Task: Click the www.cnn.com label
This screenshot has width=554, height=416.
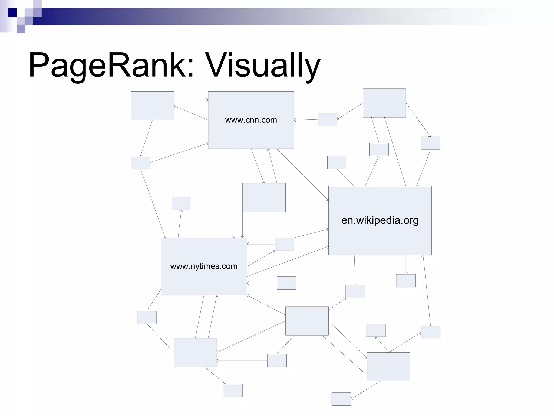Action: pyautogui.click(x=251, y=120)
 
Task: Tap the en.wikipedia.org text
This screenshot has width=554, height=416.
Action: pyautogui.click(x=380, y=220)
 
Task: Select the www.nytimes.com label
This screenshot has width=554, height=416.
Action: pyautogui.click(x=204, y=266)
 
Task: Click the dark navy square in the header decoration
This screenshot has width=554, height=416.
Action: pyautogui.click(x=12, y=12)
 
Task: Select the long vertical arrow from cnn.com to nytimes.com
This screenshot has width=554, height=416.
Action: pyautogui.click(x=234, y=194)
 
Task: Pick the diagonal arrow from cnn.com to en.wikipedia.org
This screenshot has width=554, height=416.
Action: pyautogui.click(x=302, y=175)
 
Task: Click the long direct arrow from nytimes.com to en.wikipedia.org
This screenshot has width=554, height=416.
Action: pyautogui.click(x=288, y=261)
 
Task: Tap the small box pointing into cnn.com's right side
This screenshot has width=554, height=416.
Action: pyautogui.click(x=327, y=119)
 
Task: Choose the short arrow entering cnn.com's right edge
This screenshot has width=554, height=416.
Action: pyautogui.click(x=306, y=120)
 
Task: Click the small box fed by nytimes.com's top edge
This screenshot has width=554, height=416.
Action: pyautogui.click(x=181, y=203)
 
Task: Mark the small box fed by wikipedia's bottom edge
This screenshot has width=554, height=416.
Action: pyautogui.click(x=406, y=281)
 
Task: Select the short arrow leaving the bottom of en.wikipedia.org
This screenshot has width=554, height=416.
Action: pyautogui.click(x=406, y=265)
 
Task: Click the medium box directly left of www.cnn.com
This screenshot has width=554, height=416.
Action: pyautogui.click(x=152, y=106)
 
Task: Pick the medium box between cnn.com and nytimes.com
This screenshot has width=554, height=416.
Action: pyautogui.click(x=264, y=197)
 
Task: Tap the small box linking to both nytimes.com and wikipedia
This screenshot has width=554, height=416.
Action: pyautogui.click(x=284, y=244)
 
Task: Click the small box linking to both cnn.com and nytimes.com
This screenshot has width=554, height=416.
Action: pyautogui.click(x=140, y=162)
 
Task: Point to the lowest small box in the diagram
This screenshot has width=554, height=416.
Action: pyautogui.click(x=341, y=399)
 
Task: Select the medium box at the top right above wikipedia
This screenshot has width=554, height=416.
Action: pyautogui.click(x=384, y=103)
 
